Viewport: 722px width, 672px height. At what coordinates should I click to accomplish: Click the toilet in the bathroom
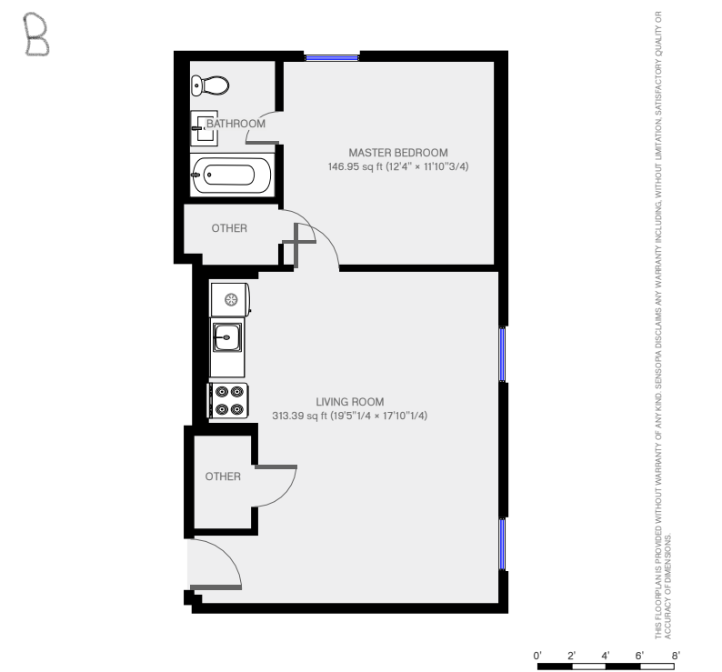click(x=210, y=85)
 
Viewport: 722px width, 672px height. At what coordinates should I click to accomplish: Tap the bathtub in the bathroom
click(x=231, y=175)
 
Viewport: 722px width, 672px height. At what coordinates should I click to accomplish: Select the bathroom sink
click(x=204, y=128)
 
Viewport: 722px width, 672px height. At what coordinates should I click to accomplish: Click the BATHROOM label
click(x=236, y=124)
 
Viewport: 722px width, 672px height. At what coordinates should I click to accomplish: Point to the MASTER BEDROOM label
click(x=398, y=153)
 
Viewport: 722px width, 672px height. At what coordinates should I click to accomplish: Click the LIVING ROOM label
click(x=350, y=402)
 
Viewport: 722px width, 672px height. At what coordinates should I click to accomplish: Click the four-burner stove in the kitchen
click(x=228, y=401)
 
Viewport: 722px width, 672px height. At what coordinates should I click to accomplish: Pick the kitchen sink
click(x=227, y=337)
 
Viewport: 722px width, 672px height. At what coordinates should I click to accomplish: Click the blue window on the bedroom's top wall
click(x=332, y=58)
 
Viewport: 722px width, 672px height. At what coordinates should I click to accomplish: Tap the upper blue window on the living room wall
click(x=502, y=354)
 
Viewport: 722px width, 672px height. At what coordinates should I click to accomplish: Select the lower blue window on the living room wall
click(x=502, y=544)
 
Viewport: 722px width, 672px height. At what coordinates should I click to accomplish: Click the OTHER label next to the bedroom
click(x=229, y=228)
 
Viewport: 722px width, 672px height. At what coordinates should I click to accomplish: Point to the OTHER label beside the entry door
click(x=223, y=476)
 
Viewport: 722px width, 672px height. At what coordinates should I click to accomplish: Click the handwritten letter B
click(x=36, y=35)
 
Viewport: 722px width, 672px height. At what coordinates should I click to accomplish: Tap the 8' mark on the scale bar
click(x=676, y=656)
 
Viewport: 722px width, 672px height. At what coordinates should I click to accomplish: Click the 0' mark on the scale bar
click(x=537, y=656)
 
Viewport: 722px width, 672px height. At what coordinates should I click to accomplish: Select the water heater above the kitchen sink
click(x=230, y=300)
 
